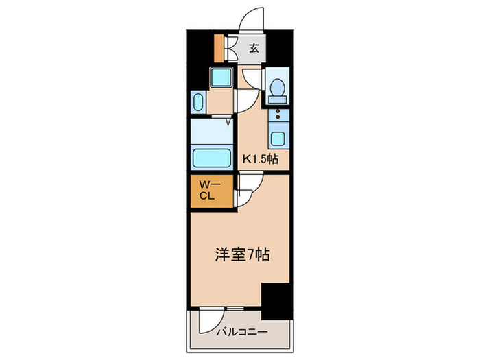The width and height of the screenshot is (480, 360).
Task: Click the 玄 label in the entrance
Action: pyautogui.click(x=254, y=48)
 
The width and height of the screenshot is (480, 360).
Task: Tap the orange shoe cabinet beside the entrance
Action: pyautogui.click(x=219, y=47)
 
